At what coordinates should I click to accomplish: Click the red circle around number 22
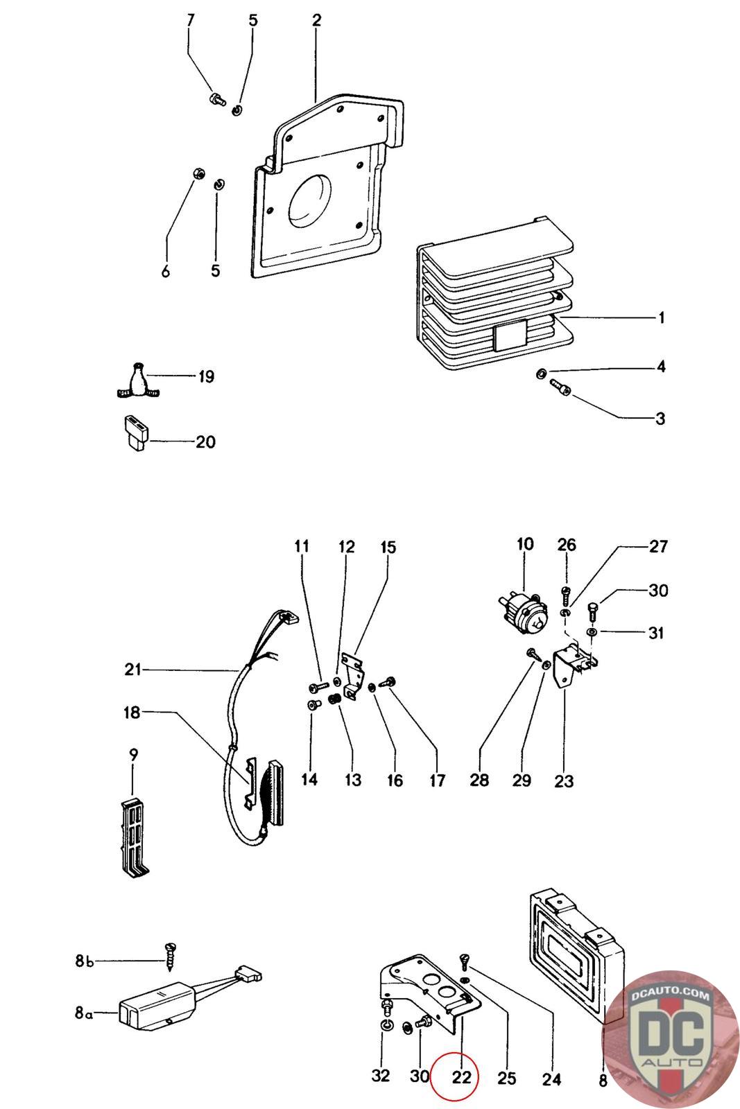click(x=453, y=1076)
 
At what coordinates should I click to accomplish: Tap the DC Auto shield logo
click(x=670, y=1039)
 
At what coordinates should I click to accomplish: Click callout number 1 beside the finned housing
click(x=661, y=317)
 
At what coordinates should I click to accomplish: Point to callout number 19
click(x=206, y=377)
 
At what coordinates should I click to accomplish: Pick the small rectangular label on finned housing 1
click(x=510, y=334)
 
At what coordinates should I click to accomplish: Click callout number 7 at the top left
click(x=190, y=20)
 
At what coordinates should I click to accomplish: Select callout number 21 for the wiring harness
click(x=132, y=670)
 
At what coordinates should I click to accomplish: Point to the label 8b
click(x=84, y=961)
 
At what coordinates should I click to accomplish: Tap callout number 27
click(x=658, y=546)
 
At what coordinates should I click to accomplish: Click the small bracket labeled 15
click(x=353, y=677)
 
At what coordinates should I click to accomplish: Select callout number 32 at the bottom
click(x=380, y=1075)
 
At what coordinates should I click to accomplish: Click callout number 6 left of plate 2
click(x=166, y=270)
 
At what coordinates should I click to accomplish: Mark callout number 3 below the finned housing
click(x=660, y=419)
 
